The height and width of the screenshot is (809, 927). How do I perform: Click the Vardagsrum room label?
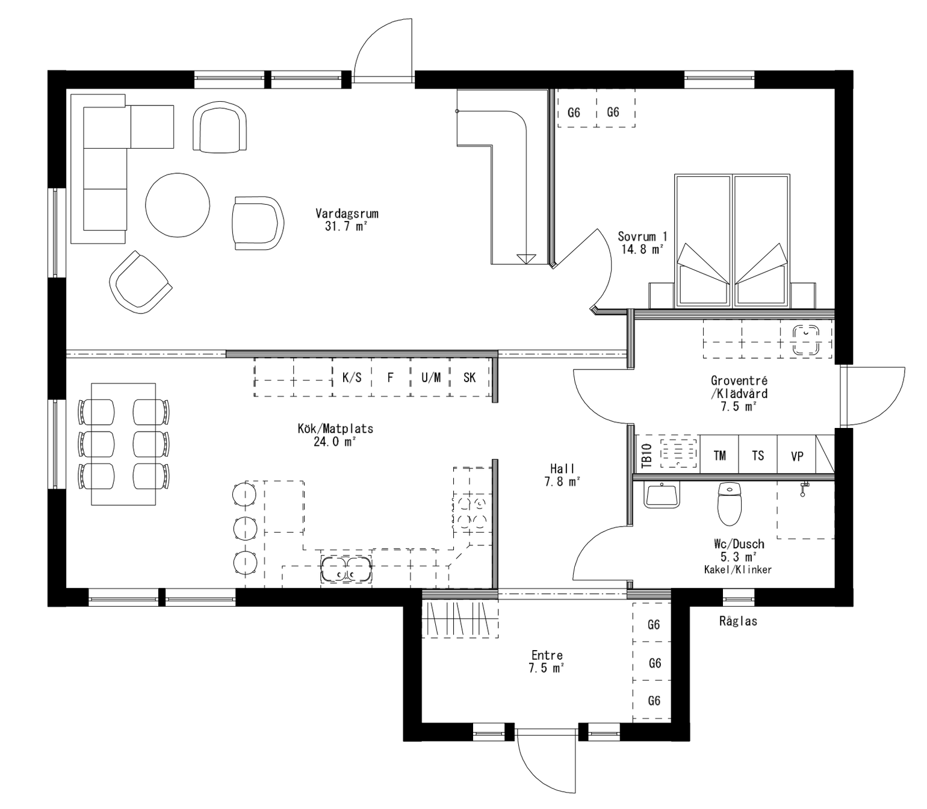(x=347, y=214)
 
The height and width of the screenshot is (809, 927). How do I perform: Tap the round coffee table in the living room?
(x=178, y=205)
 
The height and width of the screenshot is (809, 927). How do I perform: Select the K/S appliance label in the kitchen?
(x=352, y=377)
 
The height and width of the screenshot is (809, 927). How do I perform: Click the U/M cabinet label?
(x=431, y=377)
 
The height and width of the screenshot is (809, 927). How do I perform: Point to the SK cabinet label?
(x=470, y=377)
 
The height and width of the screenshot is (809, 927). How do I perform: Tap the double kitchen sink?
(x=346, y=569)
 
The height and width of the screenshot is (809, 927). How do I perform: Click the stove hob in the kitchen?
(x=470, y=510)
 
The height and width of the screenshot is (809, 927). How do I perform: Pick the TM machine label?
(x=719, y=456)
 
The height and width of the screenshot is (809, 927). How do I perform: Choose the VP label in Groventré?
(x=797, y=456)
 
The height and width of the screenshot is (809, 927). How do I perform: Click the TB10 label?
(x=646, y=456)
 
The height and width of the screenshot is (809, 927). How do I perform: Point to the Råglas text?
(x=738, y=621)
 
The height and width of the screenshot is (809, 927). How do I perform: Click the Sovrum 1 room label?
(x=642, y=237)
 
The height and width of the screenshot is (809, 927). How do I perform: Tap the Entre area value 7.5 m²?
(x=547, y=668)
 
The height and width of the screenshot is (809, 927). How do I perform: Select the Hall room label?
(x=562, y=468)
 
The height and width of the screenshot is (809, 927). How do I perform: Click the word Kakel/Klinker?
(x=737, y=569)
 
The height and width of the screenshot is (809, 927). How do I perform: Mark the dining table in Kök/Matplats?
(x=123, y=444)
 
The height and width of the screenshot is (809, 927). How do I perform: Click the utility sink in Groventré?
(x=806, y=340)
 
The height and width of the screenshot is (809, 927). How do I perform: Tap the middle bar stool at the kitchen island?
(x=245, y=528)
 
